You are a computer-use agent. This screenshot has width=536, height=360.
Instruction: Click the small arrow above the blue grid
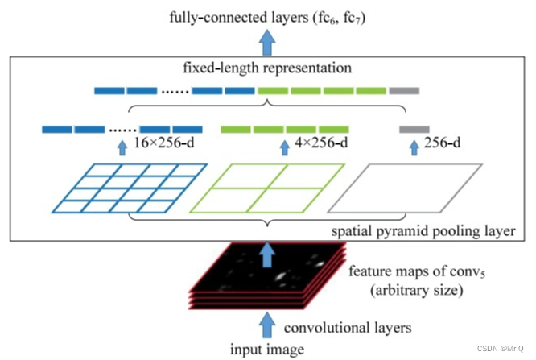click(122, 147)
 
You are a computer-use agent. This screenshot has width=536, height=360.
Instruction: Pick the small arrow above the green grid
click(283, 147)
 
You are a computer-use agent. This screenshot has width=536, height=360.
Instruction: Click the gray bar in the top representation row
click(404, 90)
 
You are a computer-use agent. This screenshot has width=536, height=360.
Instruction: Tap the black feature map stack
click(266, 278)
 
